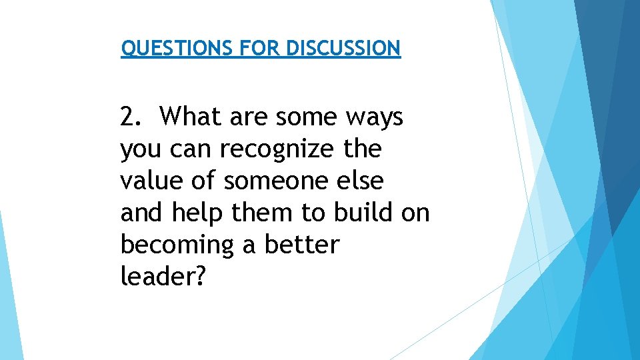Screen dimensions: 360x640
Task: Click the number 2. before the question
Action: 131,117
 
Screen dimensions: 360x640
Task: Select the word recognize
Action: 277,149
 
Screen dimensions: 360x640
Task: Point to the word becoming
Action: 177,245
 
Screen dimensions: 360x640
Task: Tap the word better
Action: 302,245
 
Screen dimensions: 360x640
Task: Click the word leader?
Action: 160,277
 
